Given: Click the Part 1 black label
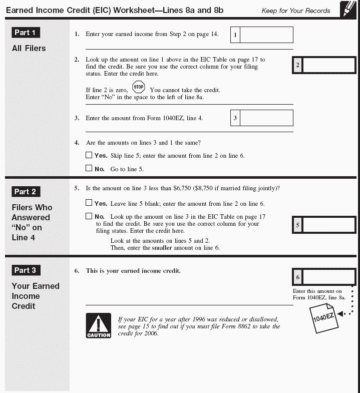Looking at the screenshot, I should click(25, 33).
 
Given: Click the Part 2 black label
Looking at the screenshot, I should click(25, 192).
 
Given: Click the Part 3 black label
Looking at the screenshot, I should click(25, 270).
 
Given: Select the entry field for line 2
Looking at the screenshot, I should click(328, 65).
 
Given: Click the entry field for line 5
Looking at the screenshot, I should click(328, 225).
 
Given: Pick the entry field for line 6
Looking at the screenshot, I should click(328, 277).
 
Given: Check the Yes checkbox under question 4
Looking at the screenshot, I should click(89, 155).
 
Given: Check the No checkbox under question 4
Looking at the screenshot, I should click(89, 169).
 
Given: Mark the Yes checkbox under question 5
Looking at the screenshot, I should click(89, 203).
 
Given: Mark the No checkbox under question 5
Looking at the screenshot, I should click(89, 216).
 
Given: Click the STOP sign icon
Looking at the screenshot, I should click(139, 87).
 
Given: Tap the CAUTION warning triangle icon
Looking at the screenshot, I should click(98, 325).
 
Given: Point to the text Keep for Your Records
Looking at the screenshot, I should click(296, 11).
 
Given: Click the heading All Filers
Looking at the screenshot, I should click(29, 49).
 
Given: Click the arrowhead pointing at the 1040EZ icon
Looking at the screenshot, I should click(341, 314).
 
